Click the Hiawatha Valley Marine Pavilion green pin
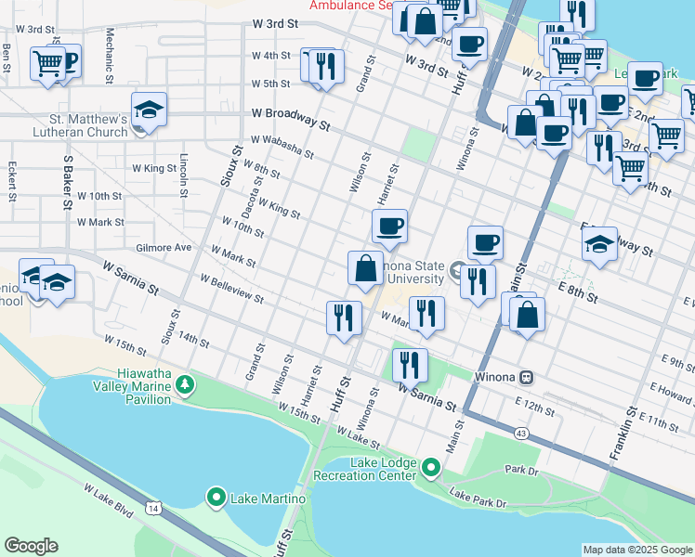[185, 383]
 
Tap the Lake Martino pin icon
[216, 499]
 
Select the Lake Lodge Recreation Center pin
[430, 467]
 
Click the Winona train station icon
[527, 378]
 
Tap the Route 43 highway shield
[520, 434]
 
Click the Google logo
[31, 546]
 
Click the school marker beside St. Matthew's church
[149, 110]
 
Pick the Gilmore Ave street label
[163, 248]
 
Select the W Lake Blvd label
[109, 501]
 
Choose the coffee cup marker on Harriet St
[389, 226]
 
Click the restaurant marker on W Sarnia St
[409, 365]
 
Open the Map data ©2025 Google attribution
[636, 550]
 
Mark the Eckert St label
[12, 182]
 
